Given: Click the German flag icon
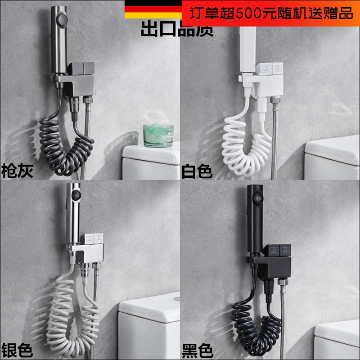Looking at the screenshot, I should pyautogui.click(x=153, y=10).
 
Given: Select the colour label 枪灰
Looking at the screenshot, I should pyautogui.click(x=17, y=171).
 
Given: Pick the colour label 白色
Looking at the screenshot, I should pyautogui.click(x=197, y=171).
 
